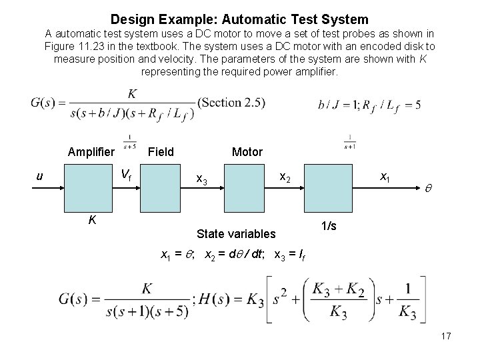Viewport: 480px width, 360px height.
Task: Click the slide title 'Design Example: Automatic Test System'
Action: coord(239,19)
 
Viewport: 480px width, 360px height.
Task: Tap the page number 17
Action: coord(445,336)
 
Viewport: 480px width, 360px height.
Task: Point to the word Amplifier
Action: coord(91,152)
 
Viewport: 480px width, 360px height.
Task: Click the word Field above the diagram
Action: coord(161,152)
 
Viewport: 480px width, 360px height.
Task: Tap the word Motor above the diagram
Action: coord(247,152)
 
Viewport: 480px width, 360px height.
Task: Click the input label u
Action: coord(41,176)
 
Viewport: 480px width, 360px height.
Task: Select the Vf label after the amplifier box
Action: coord(126,176)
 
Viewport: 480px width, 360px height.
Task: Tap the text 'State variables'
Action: coord(236,233)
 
